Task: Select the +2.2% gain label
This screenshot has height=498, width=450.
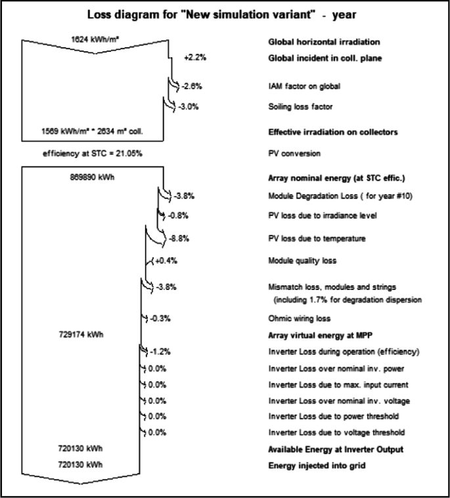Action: (x=196, y=58)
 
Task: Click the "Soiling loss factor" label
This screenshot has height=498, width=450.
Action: (x=299, y=106)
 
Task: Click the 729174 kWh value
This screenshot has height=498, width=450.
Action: (x=81, y=334)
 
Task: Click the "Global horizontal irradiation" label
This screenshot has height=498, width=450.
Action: (x=325, y=41)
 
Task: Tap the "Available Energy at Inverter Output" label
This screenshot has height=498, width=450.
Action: (x=336, y=449)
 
